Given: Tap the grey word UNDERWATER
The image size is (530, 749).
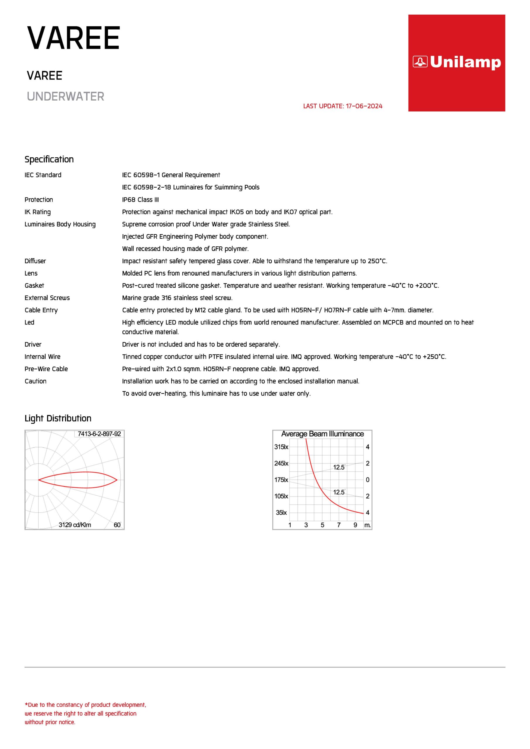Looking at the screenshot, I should [x=65, y=97].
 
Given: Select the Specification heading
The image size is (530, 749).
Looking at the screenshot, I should [x=49, y=159].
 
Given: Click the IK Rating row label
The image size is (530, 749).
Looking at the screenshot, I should [x=37, y=212].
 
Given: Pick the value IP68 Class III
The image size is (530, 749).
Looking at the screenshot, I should [x=141, y=200].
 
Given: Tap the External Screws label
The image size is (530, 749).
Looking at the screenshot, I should [x=47, y=298].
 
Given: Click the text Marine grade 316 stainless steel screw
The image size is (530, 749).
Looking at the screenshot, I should [x=177, y=298].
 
